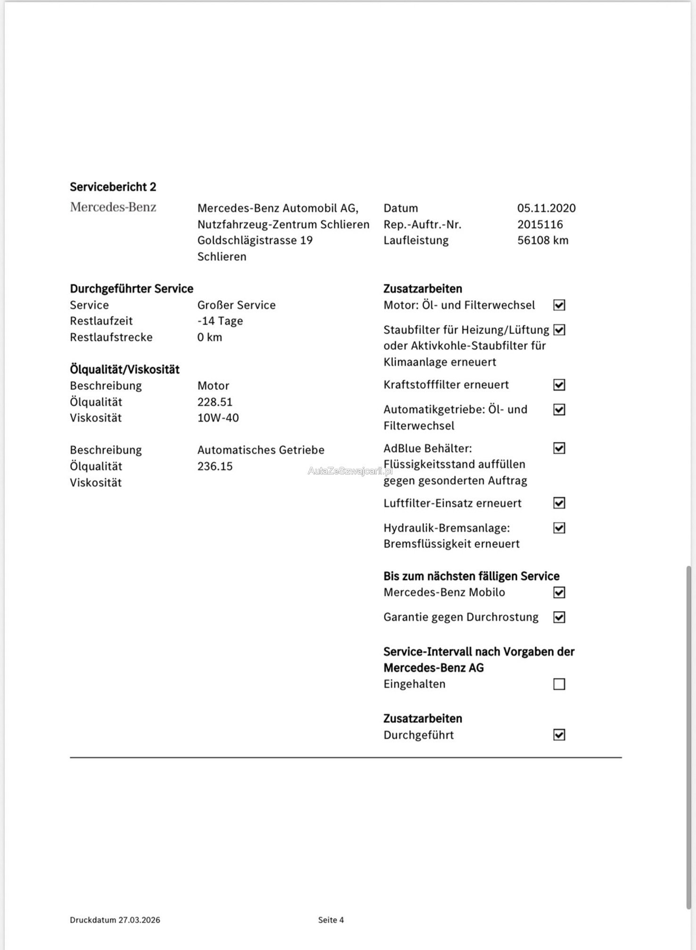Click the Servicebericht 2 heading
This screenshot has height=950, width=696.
click(x=113, y=187)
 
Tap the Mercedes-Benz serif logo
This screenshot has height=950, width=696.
click(x=113, y=207)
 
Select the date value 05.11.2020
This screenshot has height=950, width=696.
click(x=546, y=208)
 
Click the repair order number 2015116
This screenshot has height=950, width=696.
click(x=540, y=224)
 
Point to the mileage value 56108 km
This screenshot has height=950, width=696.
click(x=543, y=240)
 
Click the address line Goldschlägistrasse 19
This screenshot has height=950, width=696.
click(x=255, y=240)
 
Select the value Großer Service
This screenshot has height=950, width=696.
click(x=236, y=305)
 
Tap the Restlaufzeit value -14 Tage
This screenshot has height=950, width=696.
click(x=220, y=321)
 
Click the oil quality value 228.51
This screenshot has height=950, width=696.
click(x=215, y=402)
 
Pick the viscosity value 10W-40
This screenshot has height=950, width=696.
click(x=218, y=418)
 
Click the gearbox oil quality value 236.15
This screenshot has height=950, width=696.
click(x=215, y=466)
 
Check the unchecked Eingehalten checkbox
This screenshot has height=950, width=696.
click(x=559, y=684)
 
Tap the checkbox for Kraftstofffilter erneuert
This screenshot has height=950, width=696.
click(x=559, y=385)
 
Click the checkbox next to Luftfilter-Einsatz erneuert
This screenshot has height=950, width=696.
click(x=559, y=503)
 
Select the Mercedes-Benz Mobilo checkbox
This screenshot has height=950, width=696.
click(x=559, y=592)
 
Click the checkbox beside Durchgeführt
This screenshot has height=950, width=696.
click(x=559, y=735)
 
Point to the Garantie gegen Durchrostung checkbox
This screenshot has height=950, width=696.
click(x=559, y=617)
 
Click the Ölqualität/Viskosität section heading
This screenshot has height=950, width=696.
click(x=124, y=369)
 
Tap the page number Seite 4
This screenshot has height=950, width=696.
click(x=331, y=919)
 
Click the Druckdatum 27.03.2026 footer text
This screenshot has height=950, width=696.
click(x=115, y=919)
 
